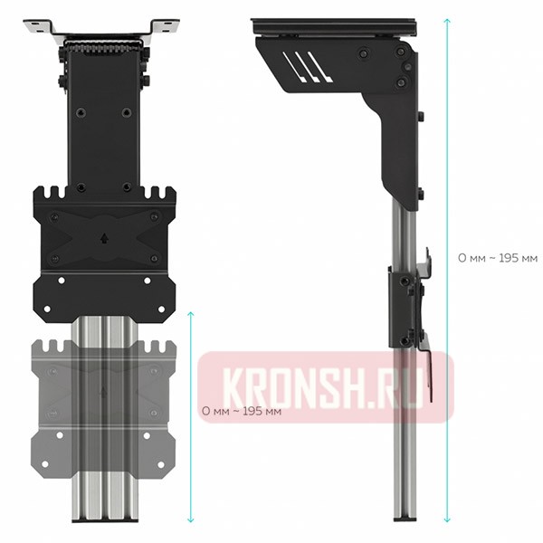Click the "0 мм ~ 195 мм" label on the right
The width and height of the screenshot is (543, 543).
coord(498,258)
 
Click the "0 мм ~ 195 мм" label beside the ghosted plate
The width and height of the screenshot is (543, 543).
coord(241,411)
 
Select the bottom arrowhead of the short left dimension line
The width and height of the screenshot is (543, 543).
coord(190,520)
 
